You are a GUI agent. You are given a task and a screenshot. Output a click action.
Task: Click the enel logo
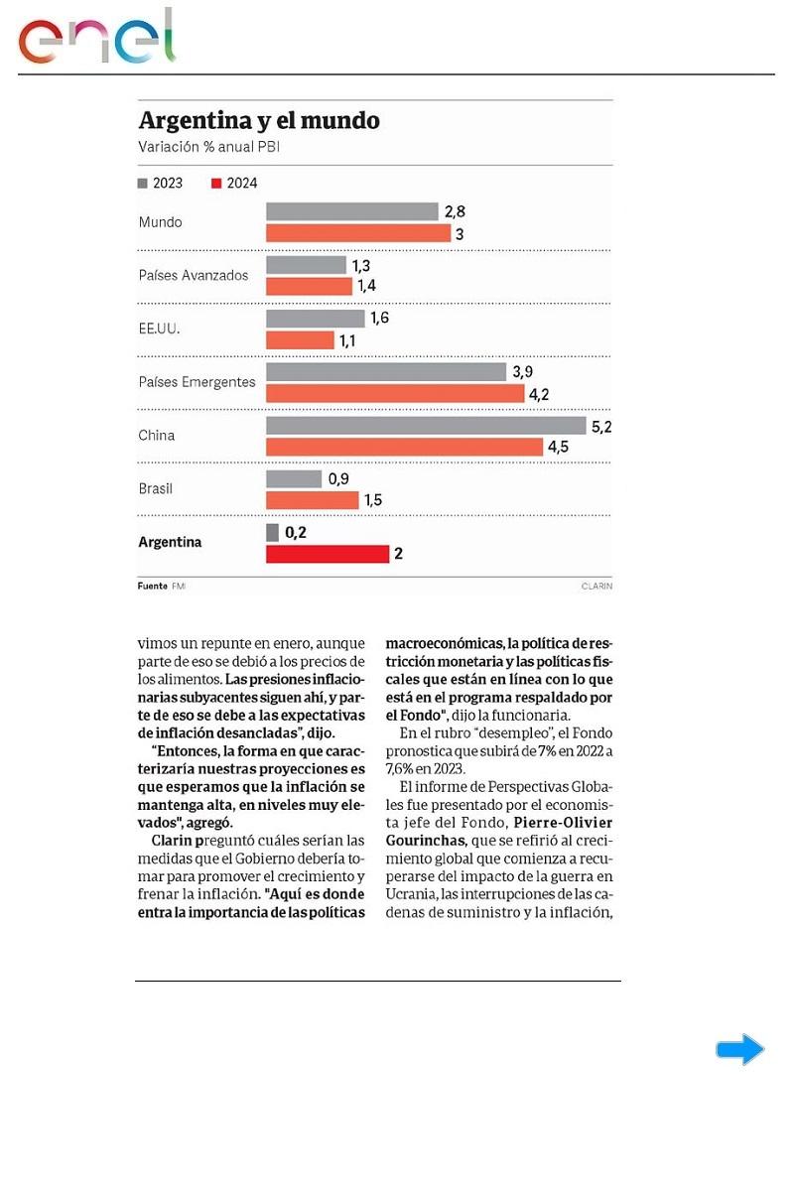(x=96, y=38)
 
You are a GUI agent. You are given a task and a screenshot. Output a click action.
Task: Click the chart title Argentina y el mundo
(x=259, y=121)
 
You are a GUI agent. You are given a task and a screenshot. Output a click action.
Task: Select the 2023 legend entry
(x=160, y=183)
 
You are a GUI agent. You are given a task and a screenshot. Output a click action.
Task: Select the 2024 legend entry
(x=234, y=183)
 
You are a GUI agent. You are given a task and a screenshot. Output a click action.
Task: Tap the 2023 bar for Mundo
(x=351, y=211)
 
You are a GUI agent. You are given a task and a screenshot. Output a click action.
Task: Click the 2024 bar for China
(x=404, y=447)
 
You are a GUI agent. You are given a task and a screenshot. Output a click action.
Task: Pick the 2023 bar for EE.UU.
(x=315, y=319)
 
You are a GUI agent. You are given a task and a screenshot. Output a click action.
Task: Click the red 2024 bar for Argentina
(x=327, y=554)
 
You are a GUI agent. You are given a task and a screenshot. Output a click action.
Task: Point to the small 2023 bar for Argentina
(x=272, y=533)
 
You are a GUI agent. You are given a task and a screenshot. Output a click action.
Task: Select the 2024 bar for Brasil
(x=312, y=500)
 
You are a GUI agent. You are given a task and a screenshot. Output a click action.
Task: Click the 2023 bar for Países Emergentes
(x=386, y=372)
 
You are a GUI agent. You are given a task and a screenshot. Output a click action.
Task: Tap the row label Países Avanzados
(x=194, y=275)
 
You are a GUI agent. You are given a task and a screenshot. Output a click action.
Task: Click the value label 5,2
(x=600, y=426)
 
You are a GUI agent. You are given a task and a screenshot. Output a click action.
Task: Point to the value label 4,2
(x=539, y=394)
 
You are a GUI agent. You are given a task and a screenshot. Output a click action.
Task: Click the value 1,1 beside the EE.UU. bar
(x=348, y=340)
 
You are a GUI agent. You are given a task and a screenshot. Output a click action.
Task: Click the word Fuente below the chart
(x=152, y=586)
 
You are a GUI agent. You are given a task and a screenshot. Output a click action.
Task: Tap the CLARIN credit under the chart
(x=596, y=586)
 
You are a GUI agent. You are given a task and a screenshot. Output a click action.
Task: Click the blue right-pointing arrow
(x=739, y=1049)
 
